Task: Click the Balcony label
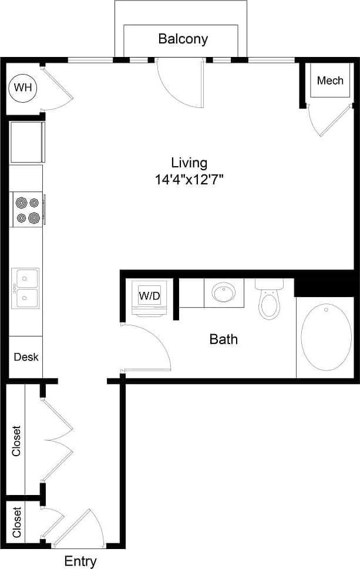[x=183, y=39]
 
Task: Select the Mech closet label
[x=330, y=80]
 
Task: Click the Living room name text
[x=189, y=163]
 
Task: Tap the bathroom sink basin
[x=223, y=292]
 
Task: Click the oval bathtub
[x=326, y=337]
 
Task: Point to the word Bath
[x=224, y=339]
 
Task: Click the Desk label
[x=26, y=356]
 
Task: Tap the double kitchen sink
[x=26, y=287]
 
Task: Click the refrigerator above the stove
[x=27, y=142]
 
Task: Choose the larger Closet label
[x=16, y=440]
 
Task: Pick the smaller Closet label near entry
[x=16, y=522]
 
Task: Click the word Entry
[x=80, y=561]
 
